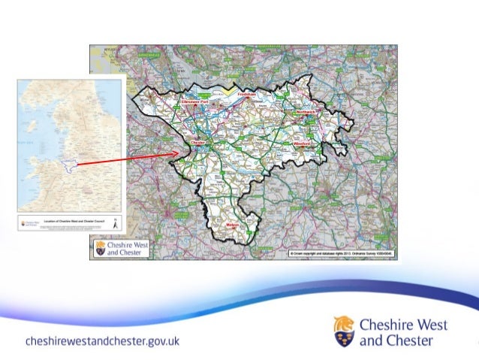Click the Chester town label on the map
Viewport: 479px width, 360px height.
click(x=198, y=141)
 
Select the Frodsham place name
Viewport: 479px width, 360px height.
click(x=247, y=95)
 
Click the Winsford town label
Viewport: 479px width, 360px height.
click(x=303, y=141)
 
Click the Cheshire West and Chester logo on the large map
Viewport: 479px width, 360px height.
click(x=121, y=249)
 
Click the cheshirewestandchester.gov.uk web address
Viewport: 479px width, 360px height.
click(x=102, y=341)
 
